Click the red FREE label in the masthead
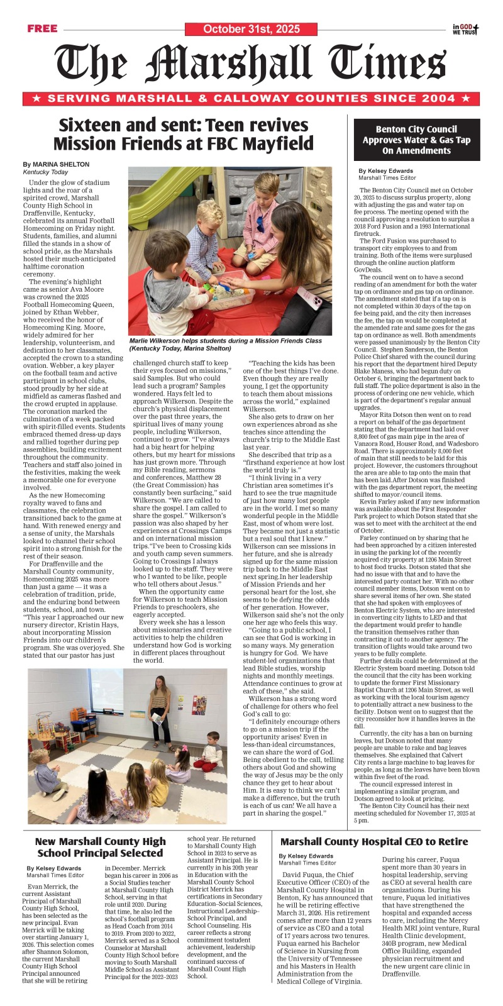42,28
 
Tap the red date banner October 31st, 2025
251,29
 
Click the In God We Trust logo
466,29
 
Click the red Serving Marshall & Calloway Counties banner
251,99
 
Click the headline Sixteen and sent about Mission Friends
183,134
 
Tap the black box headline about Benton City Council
416,140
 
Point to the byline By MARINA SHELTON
56,164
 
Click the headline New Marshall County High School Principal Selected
101,847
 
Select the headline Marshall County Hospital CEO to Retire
374,841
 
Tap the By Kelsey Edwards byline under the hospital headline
306,856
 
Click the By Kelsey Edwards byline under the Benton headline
386,170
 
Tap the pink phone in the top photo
317,302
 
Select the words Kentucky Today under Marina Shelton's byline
45,172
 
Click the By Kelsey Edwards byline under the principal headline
54,868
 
